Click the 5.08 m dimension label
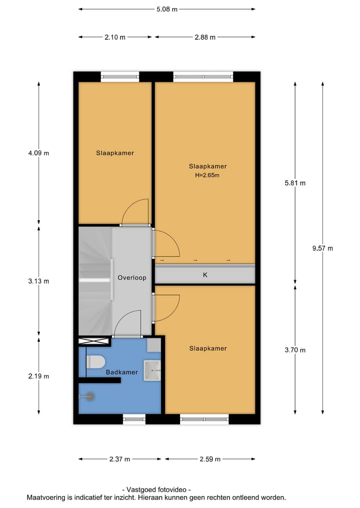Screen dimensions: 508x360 pyautogui.click(x=167, y=9)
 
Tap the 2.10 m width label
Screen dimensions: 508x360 pyautogui.click(x=115, y=37)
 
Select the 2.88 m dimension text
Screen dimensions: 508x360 pyautogui.click(x=205, y=37)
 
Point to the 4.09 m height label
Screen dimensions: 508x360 pyautogui.click(x=39, y=153)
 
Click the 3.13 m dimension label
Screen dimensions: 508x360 pyautogui.click(x=39, y=281)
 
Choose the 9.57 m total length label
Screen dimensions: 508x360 pyautogui.click(x=322, y=248)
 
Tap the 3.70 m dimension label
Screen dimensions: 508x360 pyautogui.click(x=295, y=350)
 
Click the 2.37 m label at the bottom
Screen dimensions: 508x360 pyautogui.click(x=120, y=459)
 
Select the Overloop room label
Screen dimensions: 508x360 pyautogui.click(x=131, y=277)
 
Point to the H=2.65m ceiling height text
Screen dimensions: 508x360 pyautogui.click(x=207, y=175)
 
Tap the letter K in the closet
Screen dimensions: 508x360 pyautogui.click(x=205, y=275)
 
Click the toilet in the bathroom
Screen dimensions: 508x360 pyautogui.click(x=94, y=362)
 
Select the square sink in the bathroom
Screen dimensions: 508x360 pyautogui.click(x=152, y=371)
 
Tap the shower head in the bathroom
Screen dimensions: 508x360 pyautogui.click(x=88, y=397)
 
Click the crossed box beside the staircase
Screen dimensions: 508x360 pyautogui.click(x=94, y=342)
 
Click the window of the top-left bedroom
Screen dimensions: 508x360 pyautogui.click(x=120, y=76)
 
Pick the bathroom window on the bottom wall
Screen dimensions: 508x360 pyautogui.click(x=134, y=419)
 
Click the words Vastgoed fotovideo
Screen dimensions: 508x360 pyautogui.click(x=156, y=490)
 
